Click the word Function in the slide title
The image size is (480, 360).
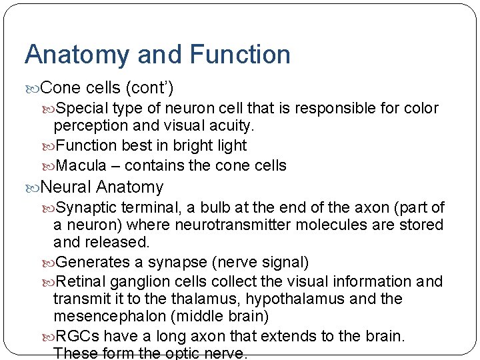tap(240, 55)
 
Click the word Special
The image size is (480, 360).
tap(83, 108)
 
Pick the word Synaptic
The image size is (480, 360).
tap(87, 208)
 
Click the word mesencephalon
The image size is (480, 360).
tap(115, 316)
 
